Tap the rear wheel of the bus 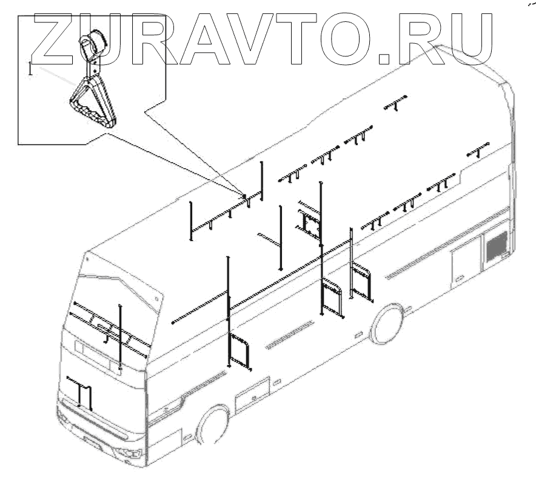(x=387, y=324)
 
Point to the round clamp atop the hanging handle (x=93, y=43)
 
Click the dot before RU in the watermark (x=386, y=58)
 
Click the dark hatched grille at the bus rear (x=497, y=245)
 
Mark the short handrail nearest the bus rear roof (x=478, y=149)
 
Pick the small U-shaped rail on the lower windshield (x=80, y=391)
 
